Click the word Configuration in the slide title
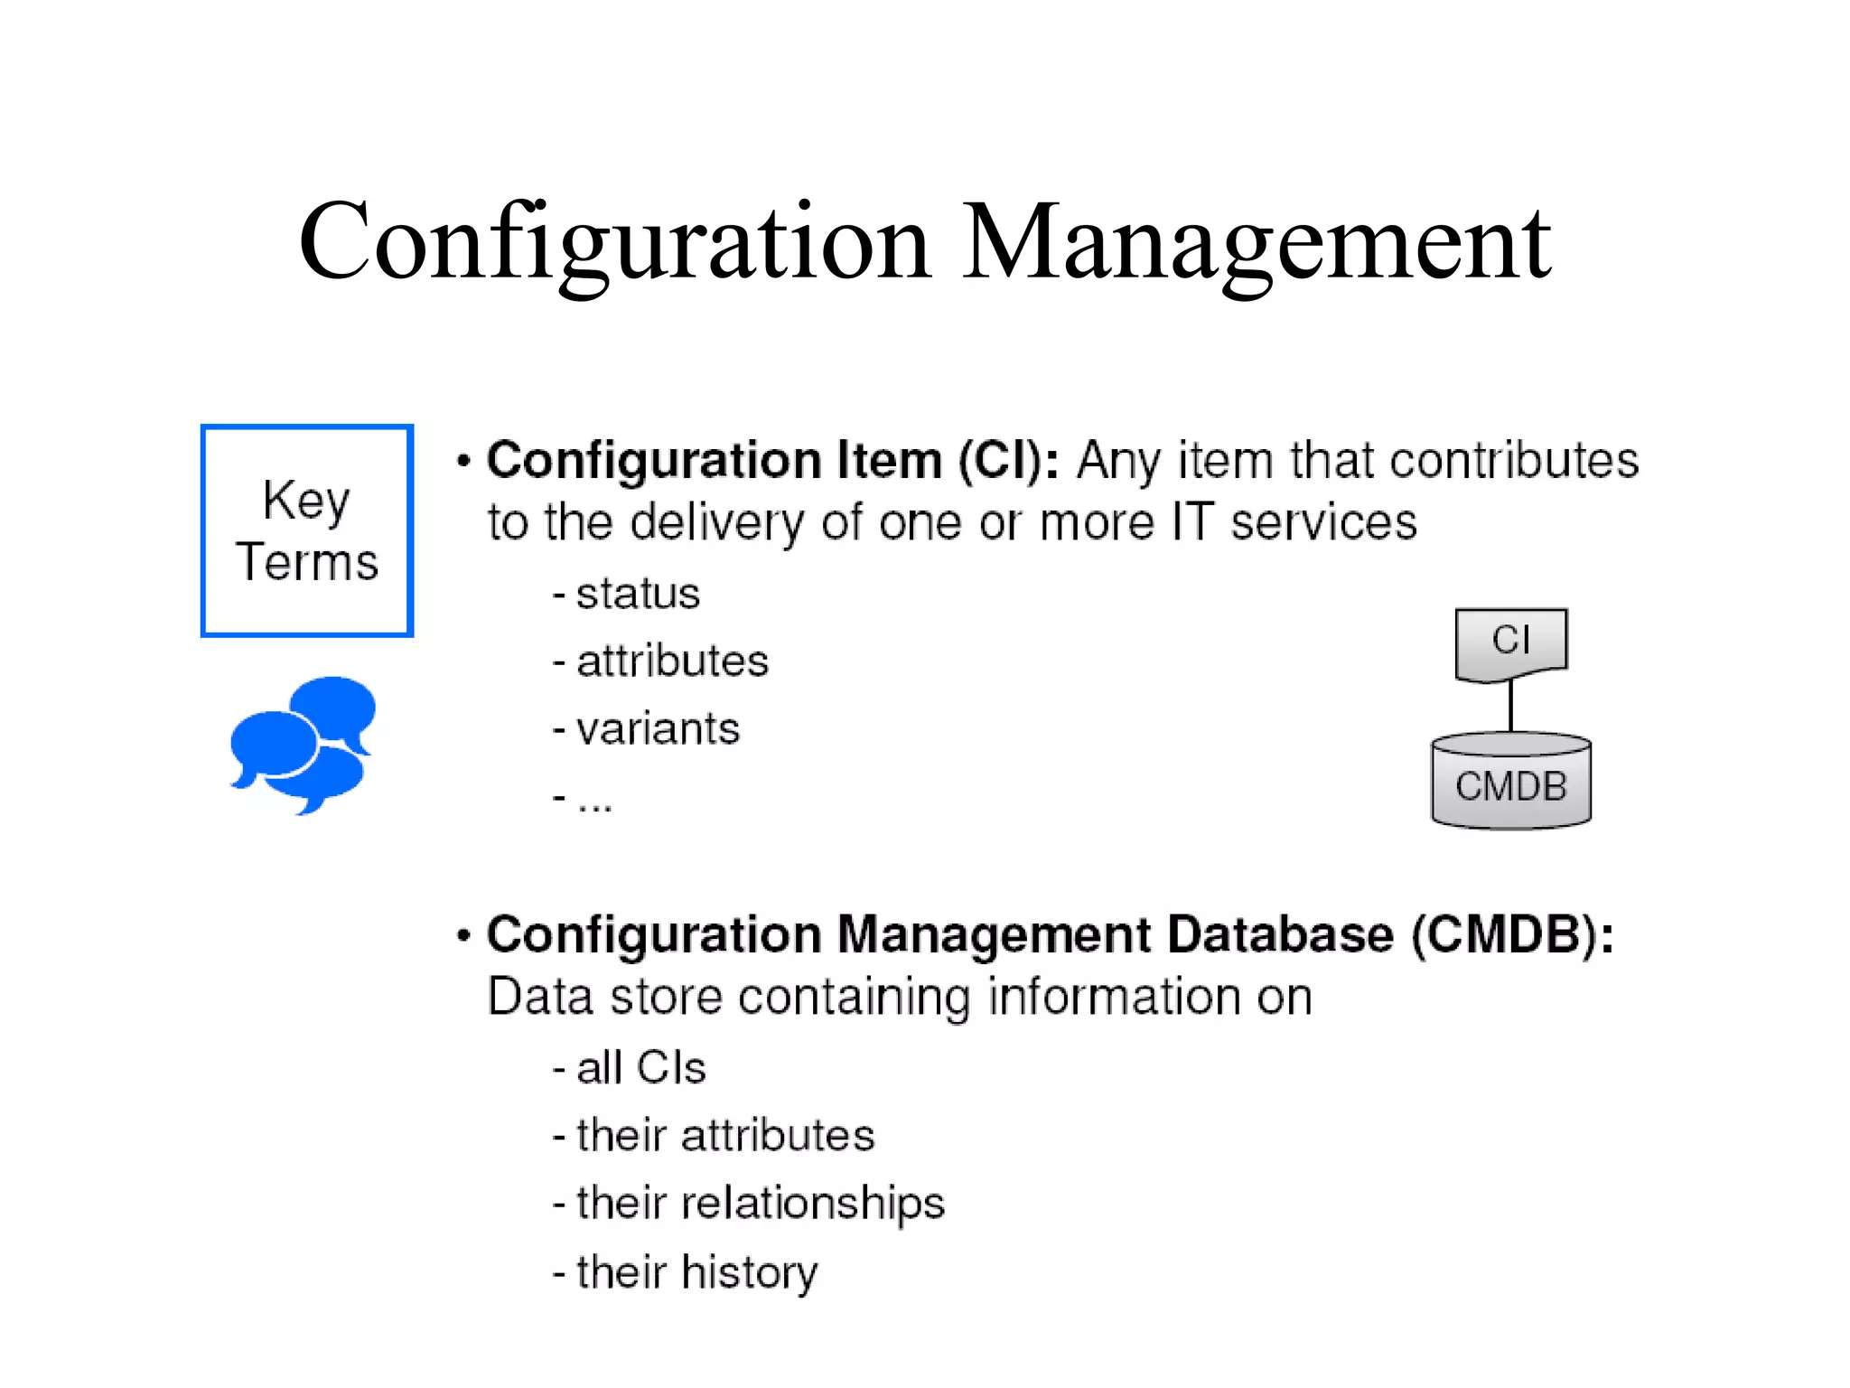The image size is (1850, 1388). coord(614,242)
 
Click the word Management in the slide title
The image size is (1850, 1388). coord(1256,242)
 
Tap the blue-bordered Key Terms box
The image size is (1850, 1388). coord(307,530)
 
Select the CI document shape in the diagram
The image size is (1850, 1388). coord(1510,642)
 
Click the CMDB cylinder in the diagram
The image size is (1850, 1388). coord(1510,783)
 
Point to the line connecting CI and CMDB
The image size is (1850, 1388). coord(1510,707)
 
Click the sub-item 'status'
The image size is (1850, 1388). coord(638,594)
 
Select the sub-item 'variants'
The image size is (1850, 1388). coord(658,728)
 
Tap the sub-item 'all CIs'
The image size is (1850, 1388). coord(640,1067)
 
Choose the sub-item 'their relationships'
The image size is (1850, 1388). coord(760,1203)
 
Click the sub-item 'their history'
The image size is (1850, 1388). coord(696,1271)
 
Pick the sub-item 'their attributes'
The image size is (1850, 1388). coord(725,1135)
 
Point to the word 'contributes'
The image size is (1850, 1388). coord(1514,461)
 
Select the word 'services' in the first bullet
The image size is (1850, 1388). coord(1323,523)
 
